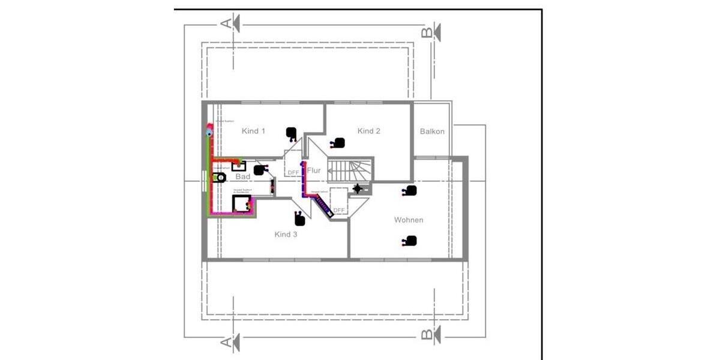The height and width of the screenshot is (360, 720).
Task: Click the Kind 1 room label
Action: point(253,131)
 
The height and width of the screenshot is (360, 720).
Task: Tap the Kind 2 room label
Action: point(369,131)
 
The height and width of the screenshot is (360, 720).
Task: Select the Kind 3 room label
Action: point(286,234)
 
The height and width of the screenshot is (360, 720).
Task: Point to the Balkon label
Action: point(432,131)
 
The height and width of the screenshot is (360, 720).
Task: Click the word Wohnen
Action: point(409,220)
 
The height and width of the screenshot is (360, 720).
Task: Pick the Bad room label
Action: point(242,176)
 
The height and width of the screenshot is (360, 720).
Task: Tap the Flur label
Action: point(314,170)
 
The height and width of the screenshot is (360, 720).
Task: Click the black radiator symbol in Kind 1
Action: point(291,133)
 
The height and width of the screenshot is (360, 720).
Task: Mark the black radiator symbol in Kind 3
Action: point(300,219)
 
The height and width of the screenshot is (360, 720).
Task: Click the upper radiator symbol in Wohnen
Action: point(410,191)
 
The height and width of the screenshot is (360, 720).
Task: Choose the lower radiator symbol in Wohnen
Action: point(410,241)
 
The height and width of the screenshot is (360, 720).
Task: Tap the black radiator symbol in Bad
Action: point(259,170)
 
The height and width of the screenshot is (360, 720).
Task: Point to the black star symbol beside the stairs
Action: point(358,189)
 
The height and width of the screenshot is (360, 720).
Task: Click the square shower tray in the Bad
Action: point(242,204)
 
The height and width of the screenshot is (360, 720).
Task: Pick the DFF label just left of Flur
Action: point(293,173)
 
